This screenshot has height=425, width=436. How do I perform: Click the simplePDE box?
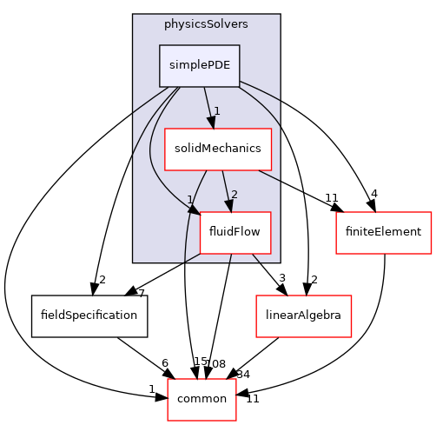point(199,66)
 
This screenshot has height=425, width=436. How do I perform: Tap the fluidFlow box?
point(235,232)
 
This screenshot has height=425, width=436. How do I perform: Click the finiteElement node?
point(384,232)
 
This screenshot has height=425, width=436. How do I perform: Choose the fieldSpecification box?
point(89,315)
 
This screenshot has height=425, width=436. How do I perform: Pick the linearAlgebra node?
point(302,315)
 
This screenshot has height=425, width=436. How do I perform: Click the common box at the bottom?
point(201,399)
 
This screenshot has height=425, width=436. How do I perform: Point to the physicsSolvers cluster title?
point(206,23)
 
